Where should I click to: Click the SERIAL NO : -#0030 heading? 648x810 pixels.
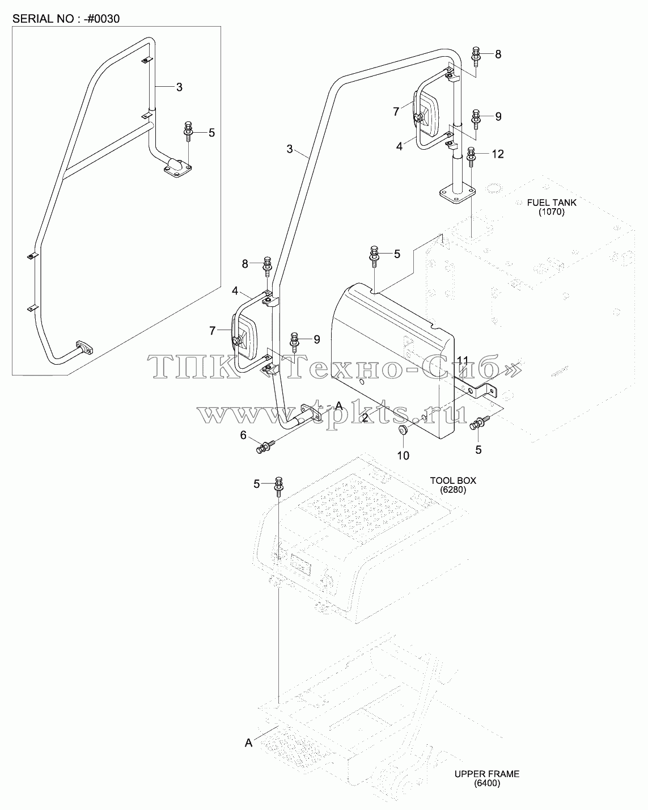[x=66, y=19]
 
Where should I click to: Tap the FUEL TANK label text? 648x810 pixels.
[x=551, y=202]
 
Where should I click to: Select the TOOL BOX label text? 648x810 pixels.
[x=453, y=480]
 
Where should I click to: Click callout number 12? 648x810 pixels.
[x=497, y=154]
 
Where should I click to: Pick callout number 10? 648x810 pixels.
[x=403, y=456]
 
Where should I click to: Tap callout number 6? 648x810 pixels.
[x=243, y=436]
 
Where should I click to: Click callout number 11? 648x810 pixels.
[x=463, y=361]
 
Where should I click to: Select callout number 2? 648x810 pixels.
[x=365, y=418]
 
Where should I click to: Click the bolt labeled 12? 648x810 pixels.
[x=471, y=157]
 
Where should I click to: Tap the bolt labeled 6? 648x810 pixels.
[x=266, y=447]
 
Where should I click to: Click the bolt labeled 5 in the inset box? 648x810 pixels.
[x=188, y=132]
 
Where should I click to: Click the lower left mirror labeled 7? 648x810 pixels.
[x=244, y=336]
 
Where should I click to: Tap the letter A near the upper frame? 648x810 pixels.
[x=248, y=743]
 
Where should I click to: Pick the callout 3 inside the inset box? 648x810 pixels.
[x=179, y=87]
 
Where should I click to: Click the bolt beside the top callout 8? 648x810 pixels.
[x=476, y=57]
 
